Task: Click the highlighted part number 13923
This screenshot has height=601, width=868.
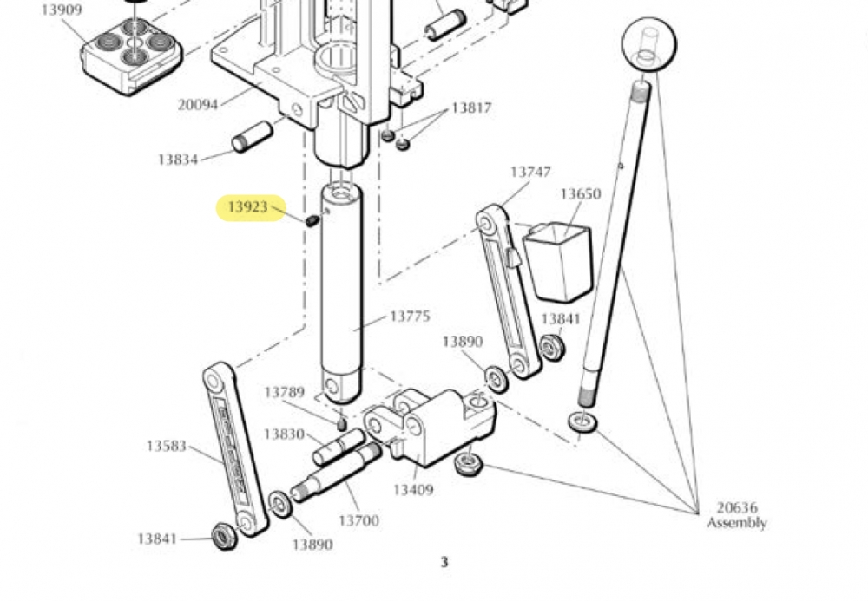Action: (248, 207)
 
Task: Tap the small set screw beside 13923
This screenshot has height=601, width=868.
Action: (312, 220)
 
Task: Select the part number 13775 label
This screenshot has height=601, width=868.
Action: (411, 317)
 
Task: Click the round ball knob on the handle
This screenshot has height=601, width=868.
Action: (649, 44)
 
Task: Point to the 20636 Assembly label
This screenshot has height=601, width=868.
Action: (737, 515)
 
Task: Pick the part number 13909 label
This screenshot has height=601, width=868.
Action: (62, 10)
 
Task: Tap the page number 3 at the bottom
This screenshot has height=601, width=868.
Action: (444, 562)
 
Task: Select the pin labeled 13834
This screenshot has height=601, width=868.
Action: (252, 136)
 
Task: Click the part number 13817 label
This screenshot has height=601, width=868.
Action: (471, 108)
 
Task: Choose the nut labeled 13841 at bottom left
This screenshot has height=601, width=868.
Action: (225, 536)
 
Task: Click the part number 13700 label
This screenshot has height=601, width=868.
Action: (358, 521)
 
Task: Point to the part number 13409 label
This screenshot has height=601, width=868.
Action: (413, 490)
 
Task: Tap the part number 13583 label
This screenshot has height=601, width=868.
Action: (166, 446)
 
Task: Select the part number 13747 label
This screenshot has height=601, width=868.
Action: (530, 173)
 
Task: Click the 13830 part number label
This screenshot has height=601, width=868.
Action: (284, 434)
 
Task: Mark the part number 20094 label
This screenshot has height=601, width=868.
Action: (198, 104)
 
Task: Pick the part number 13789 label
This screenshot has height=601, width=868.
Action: (284, 392)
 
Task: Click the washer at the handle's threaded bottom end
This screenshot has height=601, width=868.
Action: (582, 421)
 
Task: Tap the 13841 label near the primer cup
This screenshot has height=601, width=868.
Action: (561, 319)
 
